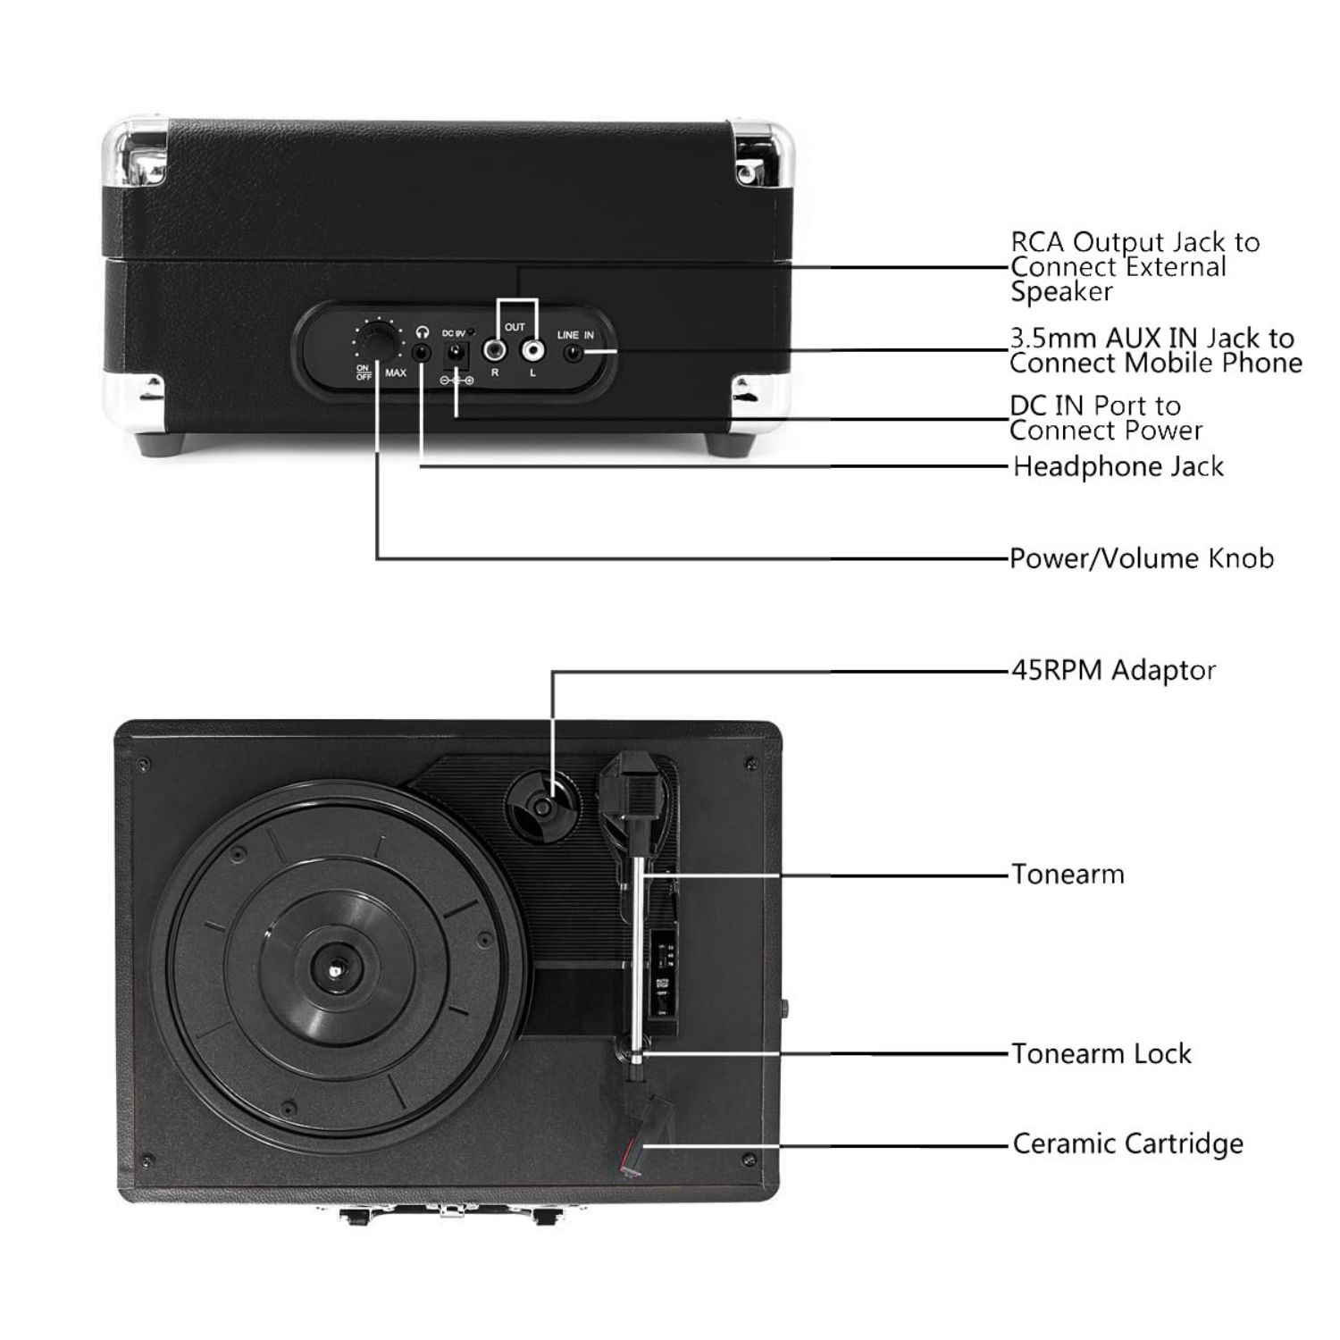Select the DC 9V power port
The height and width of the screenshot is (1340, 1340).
tap(456, 354)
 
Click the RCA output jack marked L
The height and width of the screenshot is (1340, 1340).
tap(533, 350)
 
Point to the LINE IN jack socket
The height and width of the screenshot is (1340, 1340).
tap(574, 354)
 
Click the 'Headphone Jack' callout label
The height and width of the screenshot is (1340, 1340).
tap(1118, 466)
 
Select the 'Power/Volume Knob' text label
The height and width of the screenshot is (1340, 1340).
tap(1141, 558)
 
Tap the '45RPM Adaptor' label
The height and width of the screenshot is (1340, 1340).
tap(1112, 670)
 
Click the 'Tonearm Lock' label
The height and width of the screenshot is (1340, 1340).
tap(1101, 1053)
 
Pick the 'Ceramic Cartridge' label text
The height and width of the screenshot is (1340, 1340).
tap(1126, 1143)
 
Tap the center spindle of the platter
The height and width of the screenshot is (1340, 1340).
tap(336, 967)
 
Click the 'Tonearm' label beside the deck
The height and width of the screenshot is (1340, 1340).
tap(1067, 874)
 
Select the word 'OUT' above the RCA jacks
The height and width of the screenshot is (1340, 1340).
tap(515, 327)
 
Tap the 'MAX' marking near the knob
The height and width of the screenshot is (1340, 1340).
tap(396, 373)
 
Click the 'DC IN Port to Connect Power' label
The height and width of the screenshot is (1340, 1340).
tap(1106, 418)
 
